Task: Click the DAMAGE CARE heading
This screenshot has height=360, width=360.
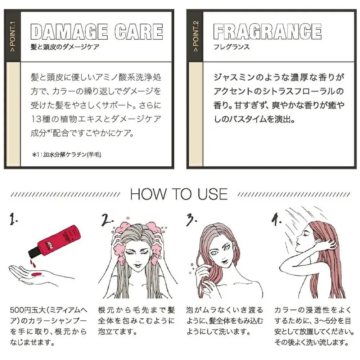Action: click(96, 32)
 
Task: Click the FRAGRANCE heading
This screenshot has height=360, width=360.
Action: click(267, 31)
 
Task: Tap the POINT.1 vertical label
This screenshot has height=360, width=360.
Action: click(13, 36)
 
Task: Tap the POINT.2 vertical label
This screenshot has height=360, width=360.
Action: click(195, 36)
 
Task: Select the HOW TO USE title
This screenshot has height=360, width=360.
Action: click(179, 194)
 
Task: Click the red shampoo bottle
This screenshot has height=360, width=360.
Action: click(55, 241)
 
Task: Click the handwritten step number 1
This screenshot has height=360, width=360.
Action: click(13, 219)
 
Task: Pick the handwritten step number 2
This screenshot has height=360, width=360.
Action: click(107, 219)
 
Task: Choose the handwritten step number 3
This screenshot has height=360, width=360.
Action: click(191, 219)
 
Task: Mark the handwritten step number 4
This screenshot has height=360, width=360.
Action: click(276, 219)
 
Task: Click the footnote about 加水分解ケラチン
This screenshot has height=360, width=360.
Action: click(67, 154)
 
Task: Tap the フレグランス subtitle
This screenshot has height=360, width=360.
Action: click(231, 47)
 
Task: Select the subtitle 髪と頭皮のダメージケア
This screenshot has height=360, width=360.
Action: click(65, 47)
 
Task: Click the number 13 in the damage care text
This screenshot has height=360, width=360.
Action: click(36, 119)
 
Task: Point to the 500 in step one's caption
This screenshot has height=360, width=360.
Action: click(17, 310)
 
